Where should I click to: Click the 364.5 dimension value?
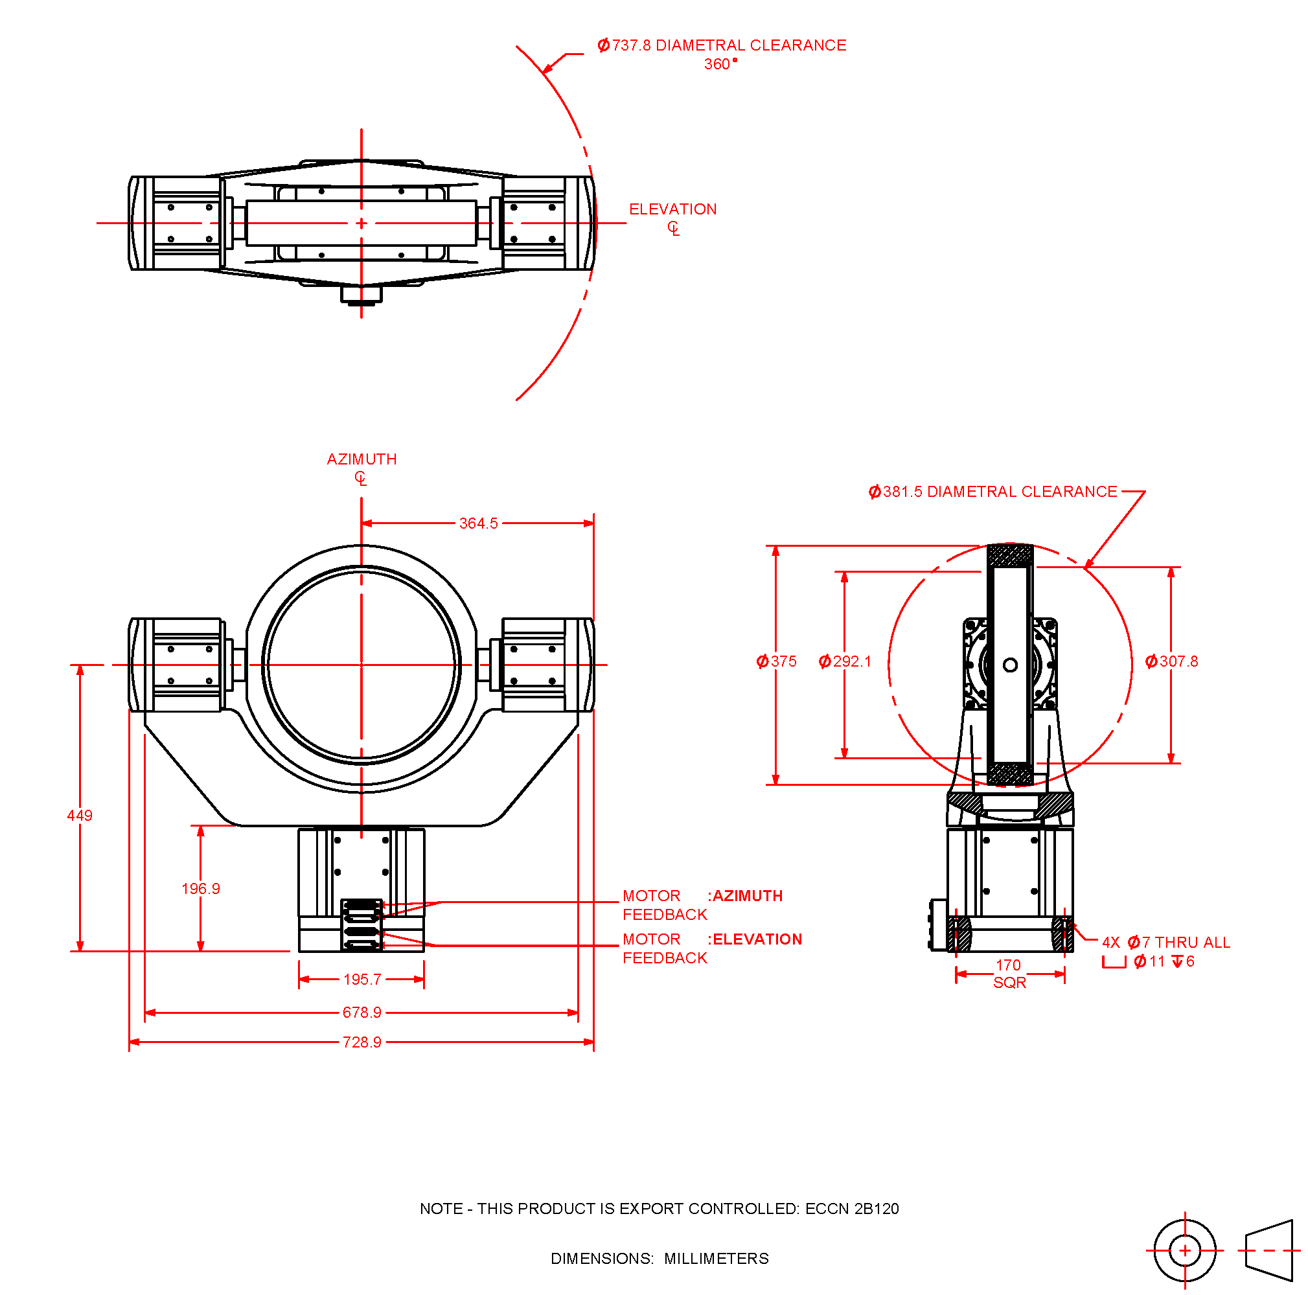(x=478, y=523)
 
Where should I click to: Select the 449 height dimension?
(x=80, y=815)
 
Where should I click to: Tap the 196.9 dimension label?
(x=200, y=888)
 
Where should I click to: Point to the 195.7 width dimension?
(x=362, y=979)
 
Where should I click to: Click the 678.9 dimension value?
(x=361, y=1012)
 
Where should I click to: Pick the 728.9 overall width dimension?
(x=361, y=1042)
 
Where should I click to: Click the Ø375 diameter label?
(x=777, y=661)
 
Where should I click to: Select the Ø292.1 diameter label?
(x=844, y=661)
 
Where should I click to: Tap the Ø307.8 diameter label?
(x=1171, y=661)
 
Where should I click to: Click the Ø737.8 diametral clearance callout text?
(x=722, y=45)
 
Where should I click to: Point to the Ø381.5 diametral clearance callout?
(x=992, y=492)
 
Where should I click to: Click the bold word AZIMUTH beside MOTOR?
(x=748, y=895)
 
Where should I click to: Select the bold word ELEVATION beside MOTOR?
(x=757, y=939)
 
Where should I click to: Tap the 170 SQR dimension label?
(x=1009, y=974)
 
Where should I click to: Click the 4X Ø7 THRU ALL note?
(x=1165, y=943)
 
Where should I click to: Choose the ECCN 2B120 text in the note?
(x=852, y=1208)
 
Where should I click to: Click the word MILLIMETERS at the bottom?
(x=717, y=1259)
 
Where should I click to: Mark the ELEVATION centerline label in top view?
(x=672, y=209)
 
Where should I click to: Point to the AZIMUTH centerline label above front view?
(x=361, y=459)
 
